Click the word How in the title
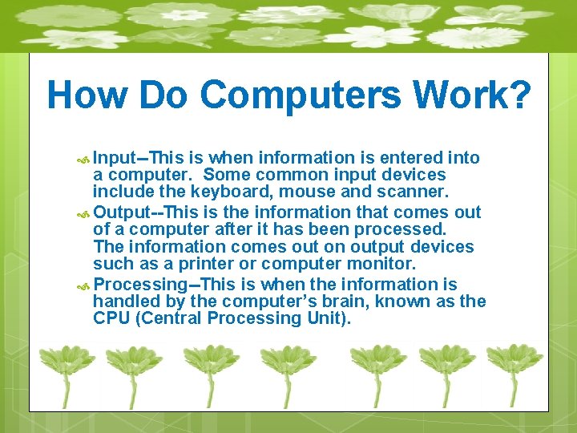coord(87,95)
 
